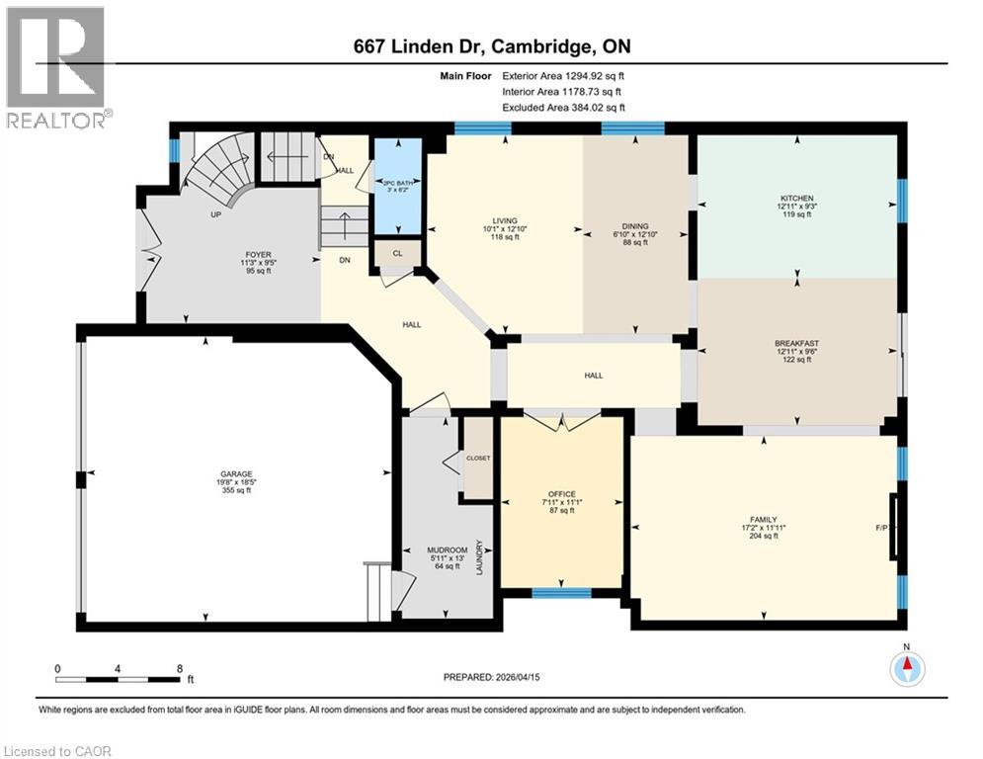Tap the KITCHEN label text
click(x=796, y=199)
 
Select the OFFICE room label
click(x=561, y=493)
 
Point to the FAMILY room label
click(x=763, y=520)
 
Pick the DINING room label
click(x=635, y=226)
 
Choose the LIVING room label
click(x=506, y=222)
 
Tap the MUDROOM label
click(x=440, y=550)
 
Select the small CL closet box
click(x=397, y=253)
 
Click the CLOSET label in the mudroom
click(x=478, y=459)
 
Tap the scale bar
click(x=119, y=679)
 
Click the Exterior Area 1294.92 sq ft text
click(x=563, y=75)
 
